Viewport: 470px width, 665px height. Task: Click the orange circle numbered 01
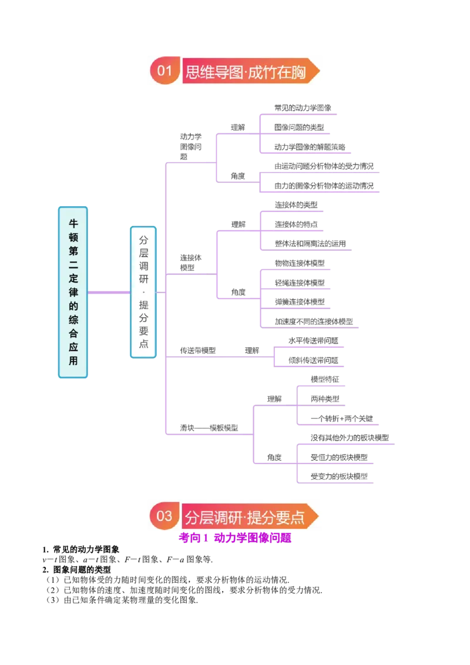pyautogui.click(x=165, y=70)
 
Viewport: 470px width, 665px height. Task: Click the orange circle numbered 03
pyautogui.click(x=164, y=516)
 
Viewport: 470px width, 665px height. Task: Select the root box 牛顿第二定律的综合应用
pyautogui.click(x=73, y=292)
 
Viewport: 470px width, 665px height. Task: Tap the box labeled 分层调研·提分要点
pyautogui.click(x=143, y=292)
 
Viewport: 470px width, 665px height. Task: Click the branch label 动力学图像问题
pyautogui.click(x=191, y=146)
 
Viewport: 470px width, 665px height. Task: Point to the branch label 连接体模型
pyautogui.click(x=191, y=263)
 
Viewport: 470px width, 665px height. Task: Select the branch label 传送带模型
pyautogui.click(x=197, y=350)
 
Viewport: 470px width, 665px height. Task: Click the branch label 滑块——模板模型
pyautogui.click(x=209, y=428)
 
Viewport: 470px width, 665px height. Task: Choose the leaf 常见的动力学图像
pyautogui.click(x=303, y=108)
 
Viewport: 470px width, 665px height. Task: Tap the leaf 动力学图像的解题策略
pyautogui.click(x=310, y=147)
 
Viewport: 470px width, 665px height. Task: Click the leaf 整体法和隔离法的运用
pyautogui.click(x=310, y=243)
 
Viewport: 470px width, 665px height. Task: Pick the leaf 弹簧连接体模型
pyautogui.click(x=300, y=301)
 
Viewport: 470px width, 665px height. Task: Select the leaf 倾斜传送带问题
pyautogui.click(x=313, y=360)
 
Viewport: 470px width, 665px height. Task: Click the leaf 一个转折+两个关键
pyautogui.click(x=341, y=419)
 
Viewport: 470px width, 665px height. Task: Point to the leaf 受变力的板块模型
pyautogui.click(x=339, y=476)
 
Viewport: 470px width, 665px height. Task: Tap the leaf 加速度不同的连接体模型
pyautogui.click(x=314, y=321)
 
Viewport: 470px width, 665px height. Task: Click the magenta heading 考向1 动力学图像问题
pyautogui.click(x=235, y=538)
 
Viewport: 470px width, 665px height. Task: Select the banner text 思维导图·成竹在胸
pyautogui.click(x=246, y=72)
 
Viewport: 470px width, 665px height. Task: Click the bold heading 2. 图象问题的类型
pyautogui.click(x=76, y=570)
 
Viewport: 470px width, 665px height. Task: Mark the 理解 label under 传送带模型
pyautogui.click(x=252, y=350)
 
